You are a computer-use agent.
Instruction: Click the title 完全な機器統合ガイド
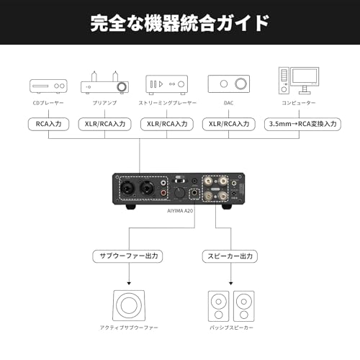[x=180, y=23]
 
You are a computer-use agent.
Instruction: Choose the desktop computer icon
[x=299, y=81]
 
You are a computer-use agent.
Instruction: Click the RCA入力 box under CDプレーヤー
[x=48, y=123]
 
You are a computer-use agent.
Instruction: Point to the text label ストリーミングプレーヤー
[x=168, y=104]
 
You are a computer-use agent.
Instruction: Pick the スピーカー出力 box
[x=230, y=256]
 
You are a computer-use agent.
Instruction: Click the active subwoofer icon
[x=129, y=306]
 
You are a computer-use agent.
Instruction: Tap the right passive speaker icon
[x=243, y=306]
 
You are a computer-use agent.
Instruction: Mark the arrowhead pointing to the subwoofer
[x=129, y=284]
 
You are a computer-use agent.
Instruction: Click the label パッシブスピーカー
[x=230, y=328]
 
